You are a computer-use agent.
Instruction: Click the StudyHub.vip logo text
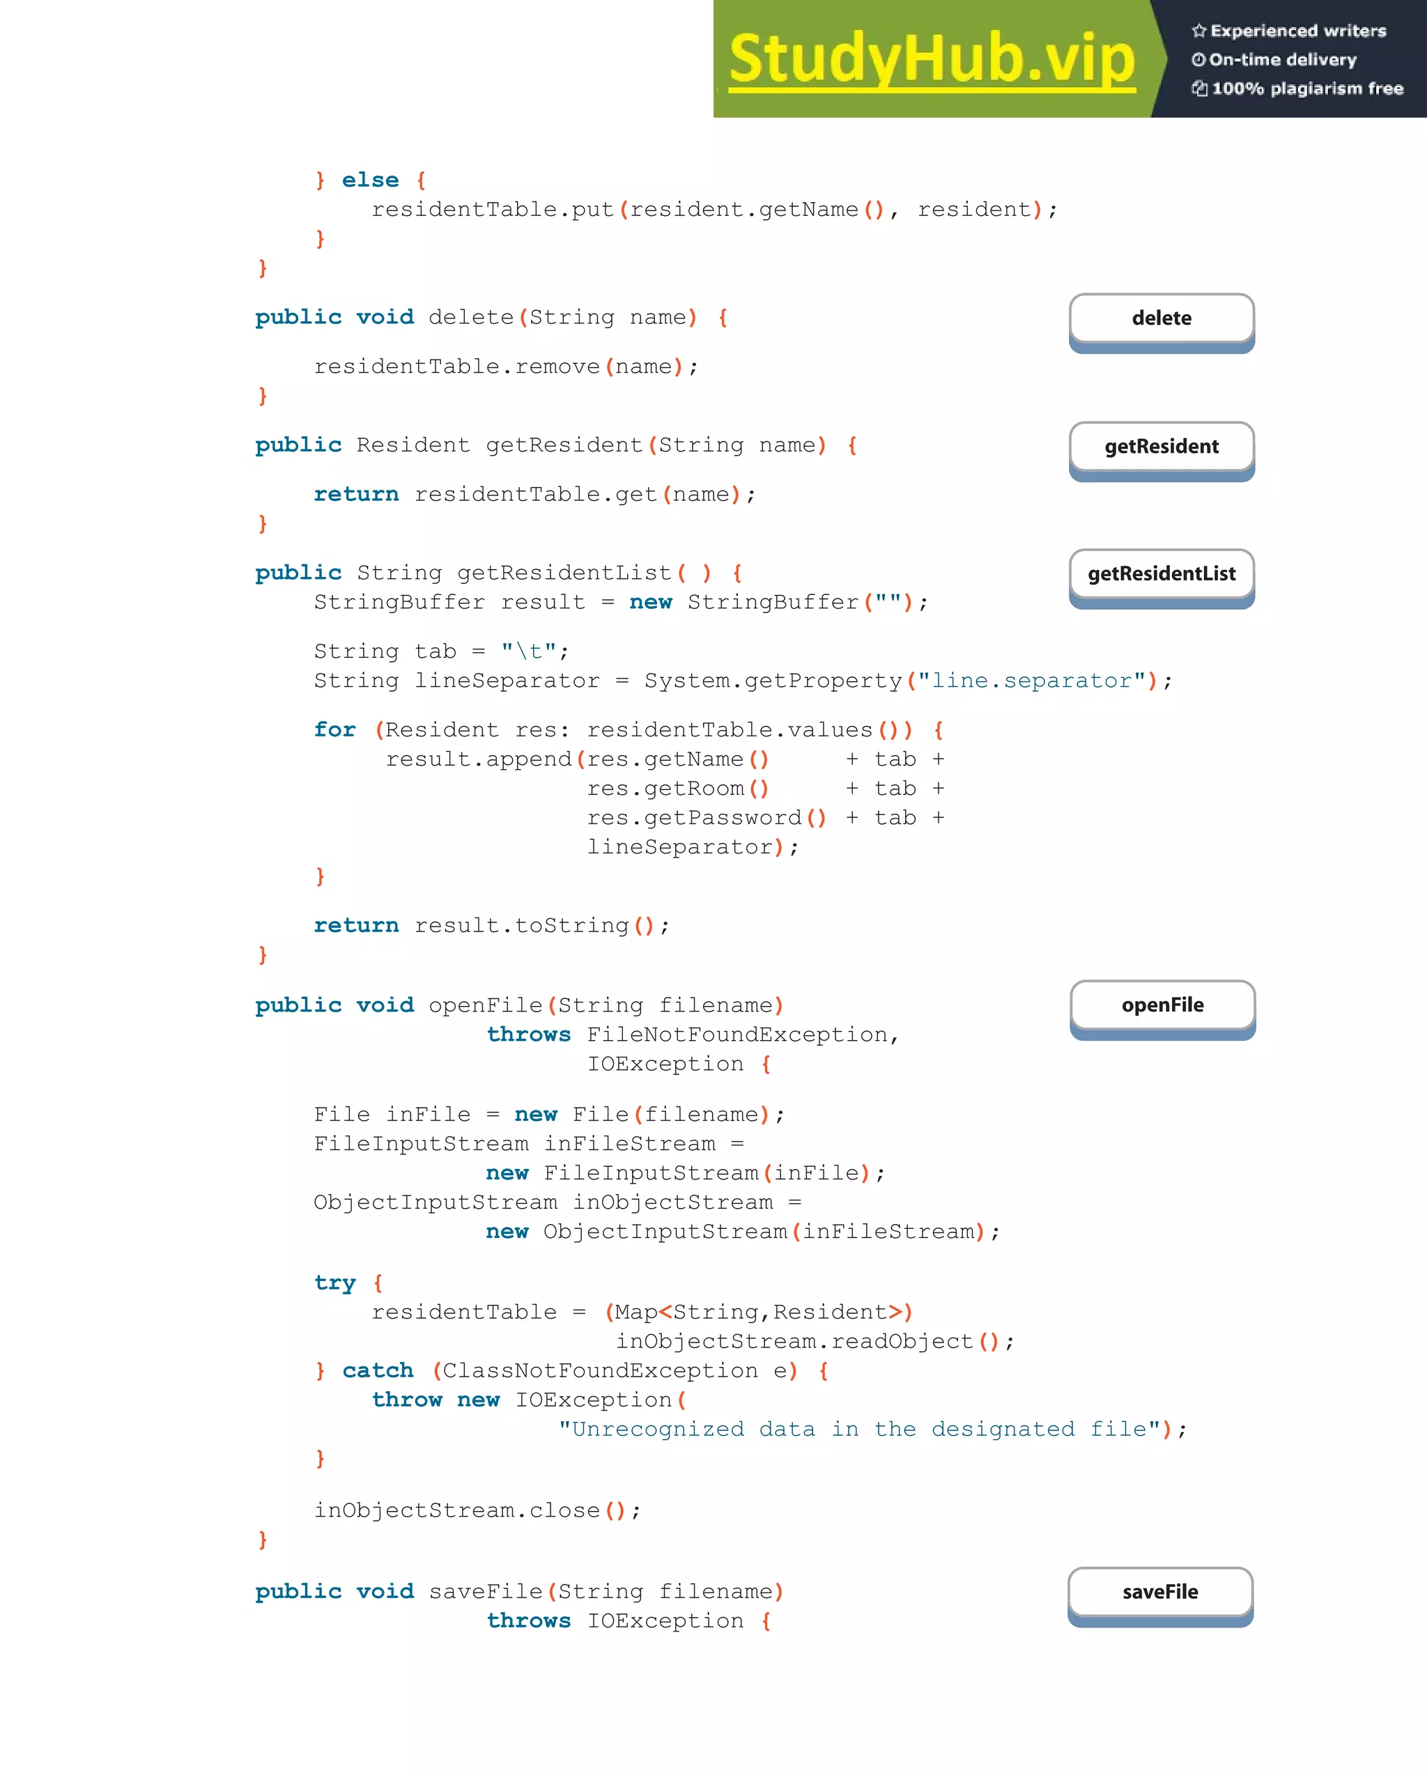click(x=931, y=59)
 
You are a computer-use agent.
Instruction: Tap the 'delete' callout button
click(x=1162, y=318)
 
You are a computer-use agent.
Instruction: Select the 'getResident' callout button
click(x=1162, y=447)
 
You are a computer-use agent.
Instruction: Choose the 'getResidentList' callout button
click(x=1162, y=574)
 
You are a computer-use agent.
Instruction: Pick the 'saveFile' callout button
click(x=1159, y=1592)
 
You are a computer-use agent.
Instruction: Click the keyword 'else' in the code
click(x=370, y=180)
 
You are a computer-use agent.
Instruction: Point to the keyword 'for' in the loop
click(x=334, y=729)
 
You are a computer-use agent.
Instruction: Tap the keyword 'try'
click(x=334, y=1283)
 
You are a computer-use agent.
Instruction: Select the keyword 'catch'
click(x=378, y=1370)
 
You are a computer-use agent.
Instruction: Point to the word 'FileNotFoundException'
click(x=737, y=1035)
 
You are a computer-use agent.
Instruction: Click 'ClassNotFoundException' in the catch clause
click(x=601, y=1371)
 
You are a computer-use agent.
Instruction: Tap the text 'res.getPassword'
click(x=694, y=817)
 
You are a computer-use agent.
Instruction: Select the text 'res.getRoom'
click(x=665, y=789)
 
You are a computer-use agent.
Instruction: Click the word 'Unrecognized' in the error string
click(x=658, y=1430)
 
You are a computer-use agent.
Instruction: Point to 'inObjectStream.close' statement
click(x=457, y=1510)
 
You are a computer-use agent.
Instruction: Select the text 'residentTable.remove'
click(x=457, y=366)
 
